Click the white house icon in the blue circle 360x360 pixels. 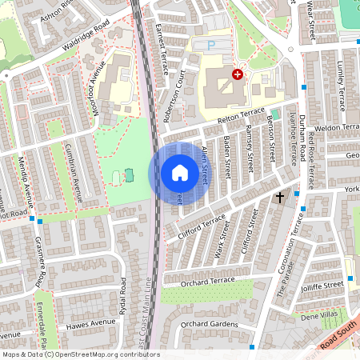point(179,173)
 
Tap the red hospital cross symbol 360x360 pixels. point(237,74)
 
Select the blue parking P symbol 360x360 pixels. point(211,47)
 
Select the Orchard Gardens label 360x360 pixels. point(209,323)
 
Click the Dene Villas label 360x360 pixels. point(330,314)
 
